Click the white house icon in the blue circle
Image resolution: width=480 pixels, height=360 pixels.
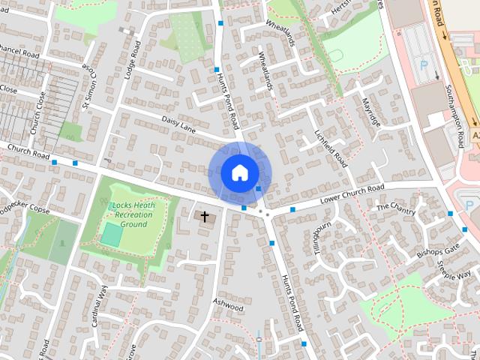pyautogui.click(x=238, y=172)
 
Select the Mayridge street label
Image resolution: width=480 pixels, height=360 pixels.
pyautogui.click(x=371, y=112)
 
